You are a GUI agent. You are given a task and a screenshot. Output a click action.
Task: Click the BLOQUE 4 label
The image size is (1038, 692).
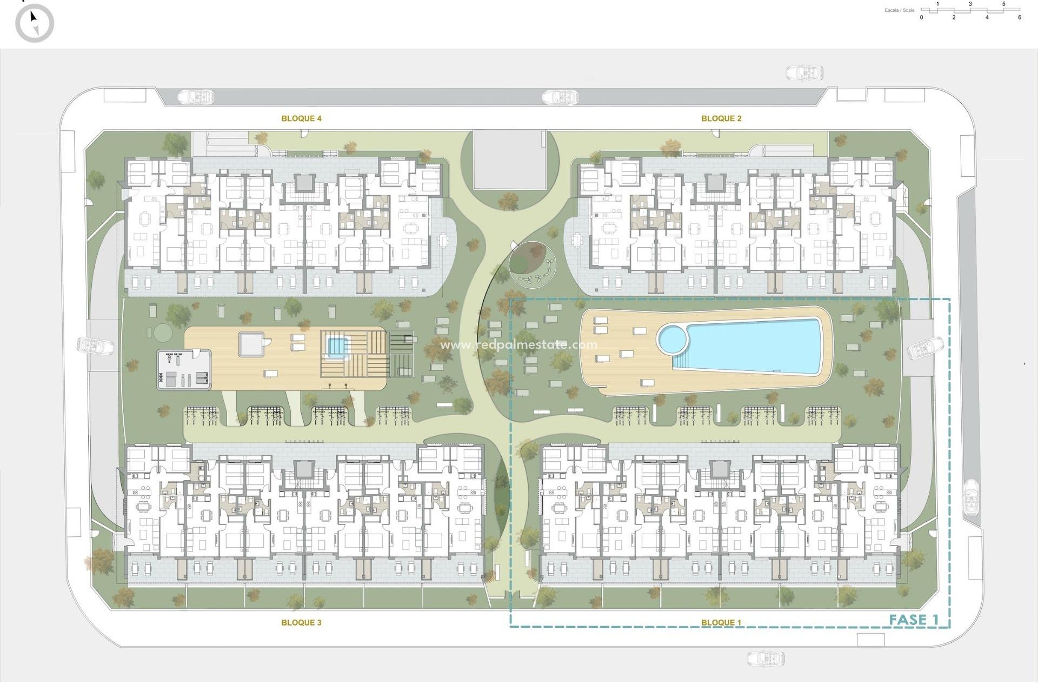click(301, 118)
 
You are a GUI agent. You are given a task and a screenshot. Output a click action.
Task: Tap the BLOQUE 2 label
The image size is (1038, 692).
click(721, 118)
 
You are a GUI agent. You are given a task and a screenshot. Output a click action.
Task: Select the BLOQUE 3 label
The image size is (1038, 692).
click(301, 622)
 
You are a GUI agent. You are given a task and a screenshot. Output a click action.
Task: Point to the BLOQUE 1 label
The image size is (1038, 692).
click(721, 622)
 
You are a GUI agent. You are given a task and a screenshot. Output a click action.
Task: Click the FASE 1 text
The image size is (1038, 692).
click(914, 620)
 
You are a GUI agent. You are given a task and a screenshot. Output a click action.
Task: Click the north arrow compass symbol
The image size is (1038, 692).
click(35, 23)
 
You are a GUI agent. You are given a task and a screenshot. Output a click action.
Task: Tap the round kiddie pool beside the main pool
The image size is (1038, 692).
click(673, 339)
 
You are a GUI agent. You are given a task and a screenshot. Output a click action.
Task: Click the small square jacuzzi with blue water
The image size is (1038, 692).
click(336, 345)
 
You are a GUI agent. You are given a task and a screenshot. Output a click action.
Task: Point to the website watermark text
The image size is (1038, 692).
click(518, 344)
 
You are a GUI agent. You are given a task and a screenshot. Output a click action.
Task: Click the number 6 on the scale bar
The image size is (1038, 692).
click(1020, 17)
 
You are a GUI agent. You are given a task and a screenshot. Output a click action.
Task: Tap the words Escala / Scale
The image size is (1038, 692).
click(900, 10)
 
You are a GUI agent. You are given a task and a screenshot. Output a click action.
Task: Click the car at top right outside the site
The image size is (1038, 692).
click(804, 72)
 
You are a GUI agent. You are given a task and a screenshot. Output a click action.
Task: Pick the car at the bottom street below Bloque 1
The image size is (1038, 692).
click(766, 658)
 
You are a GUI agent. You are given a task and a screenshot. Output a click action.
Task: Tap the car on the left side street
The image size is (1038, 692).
click(96, 345)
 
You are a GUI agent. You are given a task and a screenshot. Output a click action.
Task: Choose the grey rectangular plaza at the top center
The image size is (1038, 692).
click(509, 159)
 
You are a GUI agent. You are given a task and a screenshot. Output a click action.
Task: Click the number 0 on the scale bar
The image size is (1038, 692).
click(922, 17)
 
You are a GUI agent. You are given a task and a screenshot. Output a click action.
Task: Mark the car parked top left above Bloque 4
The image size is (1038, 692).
click(196, 97)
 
